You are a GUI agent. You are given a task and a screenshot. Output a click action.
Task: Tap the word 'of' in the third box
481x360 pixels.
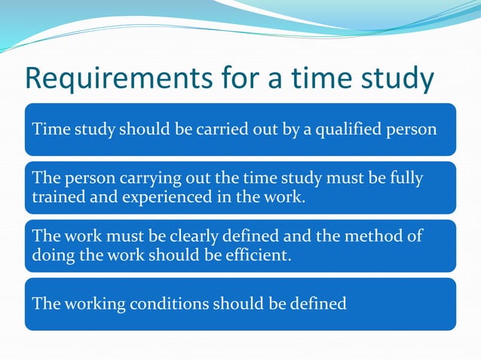[414, 236]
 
